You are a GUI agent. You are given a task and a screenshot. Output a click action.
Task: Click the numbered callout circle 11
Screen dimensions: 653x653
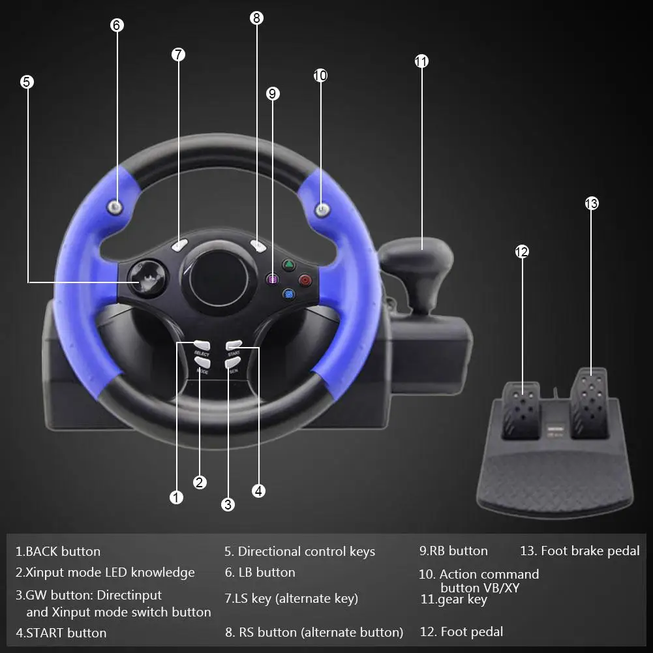point(421,61)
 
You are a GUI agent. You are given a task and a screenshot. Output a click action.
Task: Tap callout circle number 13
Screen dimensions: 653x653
point(591,204)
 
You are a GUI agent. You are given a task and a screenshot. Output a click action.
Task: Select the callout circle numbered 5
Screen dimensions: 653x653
point(27,82)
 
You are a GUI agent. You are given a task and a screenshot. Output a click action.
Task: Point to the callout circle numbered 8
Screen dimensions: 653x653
point(256,18)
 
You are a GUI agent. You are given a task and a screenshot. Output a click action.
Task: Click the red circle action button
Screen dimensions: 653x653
point(305,280)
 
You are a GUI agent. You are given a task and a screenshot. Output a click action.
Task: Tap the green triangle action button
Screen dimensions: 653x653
point(288,265)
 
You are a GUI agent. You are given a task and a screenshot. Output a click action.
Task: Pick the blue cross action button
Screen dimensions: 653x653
point(288,294)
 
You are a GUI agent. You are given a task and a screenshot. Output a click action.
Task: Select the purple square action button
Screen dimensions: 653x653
point(272,279)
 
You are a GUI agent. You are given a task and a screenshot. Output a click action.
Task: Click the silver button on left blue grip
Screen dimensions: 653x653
point(115,208)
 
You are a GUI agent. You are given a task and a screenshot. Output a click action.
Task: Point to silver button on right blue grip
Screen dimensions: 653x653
point(322,209)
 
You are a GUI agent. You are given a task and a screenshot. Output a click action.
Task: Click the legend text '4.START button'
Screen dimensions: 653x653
point(61,633)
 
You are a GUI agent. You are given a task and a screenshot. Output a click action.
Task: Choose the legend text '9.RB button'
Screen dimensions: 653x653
point(453,551)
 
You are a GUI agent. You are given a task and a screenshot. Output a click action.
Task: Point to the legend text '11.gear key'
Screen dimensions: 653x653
point(453,599)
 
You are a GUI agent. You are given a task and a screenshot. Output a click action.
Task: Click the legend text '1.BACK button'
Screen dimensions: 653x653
point(58,551)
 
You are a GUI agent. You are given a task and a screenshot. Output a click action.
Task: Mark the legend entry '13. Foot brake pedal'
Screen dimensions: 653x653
point(579,551)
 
